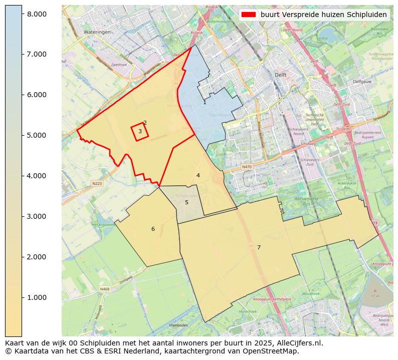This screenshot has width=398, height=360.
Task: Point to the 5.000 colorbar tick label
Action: tap(37, 135)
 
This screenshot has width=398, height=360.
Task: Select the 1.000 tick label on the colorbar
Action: tap(37, 297)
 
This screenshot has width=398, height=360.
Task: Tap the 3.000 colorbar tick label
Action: tap(37, 216)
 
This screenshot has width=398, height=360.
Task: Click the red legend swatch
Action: tap(249, 15)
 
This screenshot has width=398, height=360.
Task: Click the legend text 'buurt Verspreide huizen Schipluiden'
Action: tap(323, 15)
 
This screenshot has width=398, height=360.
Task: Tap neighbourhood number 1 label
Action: tap(205, 102)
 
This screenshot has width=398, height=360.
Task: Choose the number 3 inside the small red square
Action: tap(140, 131)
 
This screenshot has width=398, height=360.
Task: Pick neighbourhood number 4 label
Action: tap(198, 175)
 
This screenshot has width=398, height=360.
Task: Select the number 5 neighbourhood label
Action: tap(186, 202)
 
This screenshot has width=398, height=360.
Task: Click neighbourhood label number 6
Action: tap(153, 229)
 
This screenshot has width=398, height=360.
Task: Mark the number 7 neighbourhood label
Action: tap(259, 247)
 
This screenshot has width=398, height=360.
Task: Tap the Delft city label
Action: tap(280, 75)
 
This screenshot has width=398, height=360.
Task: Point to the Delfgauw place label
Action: tap(362, 81)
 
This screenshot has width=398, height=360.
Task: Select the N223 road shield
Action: tap(97, 184)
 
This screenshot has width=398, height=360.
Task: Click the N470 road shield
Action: tap(246, 167)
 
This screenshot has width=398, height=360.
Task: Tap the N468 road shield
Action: tap(104, 289)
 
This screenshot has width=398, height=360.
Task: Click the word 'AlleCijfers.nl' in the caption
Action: tap(299, 343)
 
